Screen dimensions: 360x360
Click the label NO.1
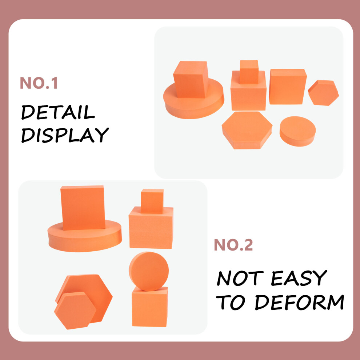pos(39,83)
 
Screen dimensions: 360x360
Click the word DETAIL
pos(58,112)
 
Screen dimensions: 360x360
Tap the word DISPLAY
pos(65,135)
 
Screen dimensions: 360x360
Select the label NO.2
pos(233,245)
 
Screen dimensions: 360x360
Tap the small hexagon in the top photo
pos(323,93)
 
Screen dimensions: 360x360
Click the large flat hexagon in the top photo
pos(247,130)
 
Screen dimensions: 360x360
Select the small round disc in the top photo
pos(297,131)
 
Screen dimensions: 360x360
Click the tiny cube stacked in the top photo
pos(249,72)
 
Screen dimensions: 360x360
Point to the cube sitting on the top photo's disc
pos(191,79)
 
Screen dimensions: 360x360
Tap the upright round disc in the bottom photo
pos(149,271)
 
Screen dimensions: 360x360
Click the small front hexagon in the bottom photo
pos(75,311)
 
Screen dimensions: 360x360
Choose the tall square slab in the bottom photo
pos(83,208)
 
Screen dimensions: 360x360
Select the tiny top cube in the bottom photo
pos(152,201)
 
